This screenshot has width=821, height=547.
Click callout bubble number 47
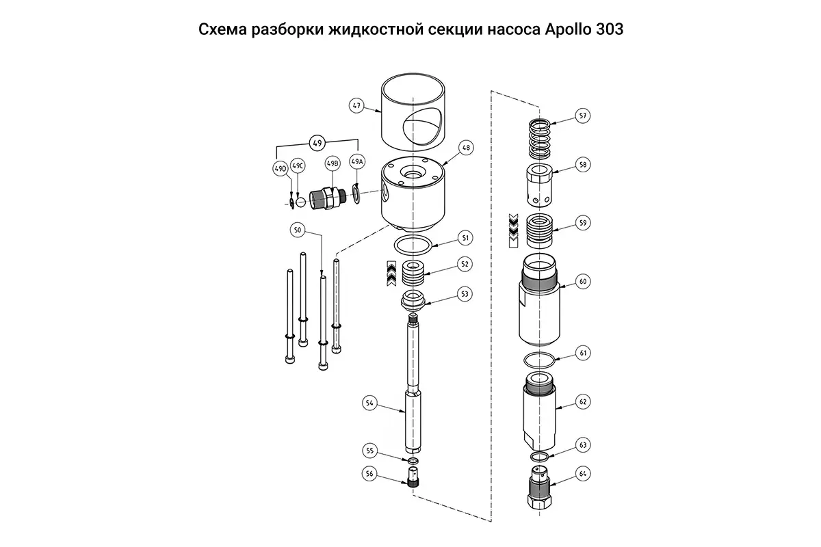356,106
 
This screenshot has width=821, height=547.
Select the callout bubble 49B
333,164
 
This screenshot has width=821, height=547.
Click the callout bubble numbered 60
583,281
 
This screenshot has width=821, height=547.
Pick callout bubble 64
583,473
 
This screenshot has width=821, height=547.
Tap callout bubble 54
369,403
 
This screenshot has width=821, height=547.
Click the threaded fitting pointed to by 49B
326,199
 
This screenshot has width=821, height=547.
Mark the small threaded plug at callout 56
413,477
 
